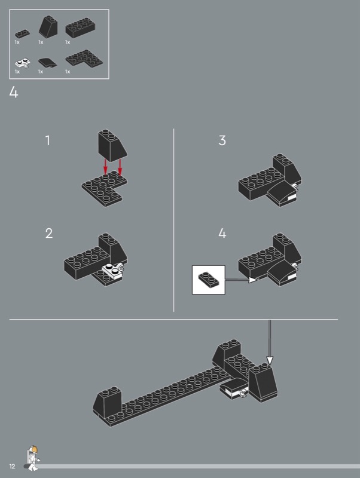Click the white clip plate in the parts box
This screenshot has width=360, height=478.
(23, 63)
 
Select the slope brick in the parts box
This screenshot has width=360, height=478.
(48, 26)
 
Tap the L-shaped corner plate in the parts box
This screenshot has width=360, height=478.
(84, 58)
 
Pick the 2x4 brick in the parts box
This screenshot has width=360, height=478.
(80, 27)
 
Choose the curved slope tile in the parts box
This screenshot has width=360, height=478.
(48, 62)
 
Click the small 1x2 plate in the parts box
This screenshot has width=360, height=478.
(22, 33)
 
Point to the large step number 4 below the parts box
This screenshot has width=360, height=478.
(14, 92)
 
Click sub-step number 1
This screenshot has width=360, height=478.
(48, 140)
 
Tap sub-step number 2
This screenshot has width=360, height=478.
(49, 233)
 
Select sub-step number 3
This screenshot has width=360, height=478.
(222, 140)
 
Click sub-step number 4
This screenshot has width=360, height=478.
(222, 233)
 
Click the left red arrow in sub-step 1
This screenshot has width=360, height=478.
(105, 167)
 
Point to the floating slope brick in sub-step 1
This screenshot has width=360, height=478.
(112, 145)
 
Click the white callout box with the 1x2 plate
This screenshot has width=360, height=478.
(208, 280)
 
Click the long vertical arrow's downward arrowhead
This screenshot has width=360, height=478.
(270, 360)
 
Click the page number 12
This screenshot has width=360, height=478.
(12, 466)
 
